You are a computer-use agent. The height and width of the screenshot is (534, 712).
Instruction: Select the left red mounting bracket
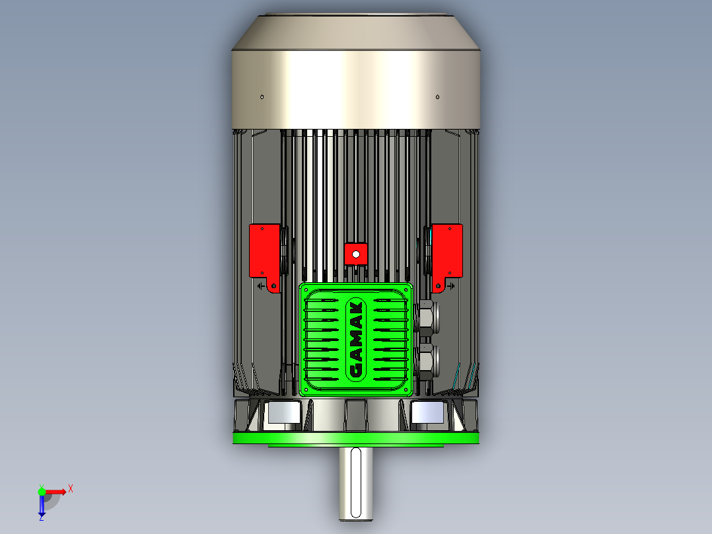263,250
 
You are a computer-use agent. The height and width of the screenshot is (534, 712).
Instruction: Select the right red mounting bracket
448,250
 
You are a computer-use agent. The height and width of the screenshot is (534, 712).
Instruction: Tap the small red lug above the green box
355,253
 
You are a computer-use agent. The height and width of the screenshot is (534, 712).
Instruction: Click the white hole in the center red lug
355,253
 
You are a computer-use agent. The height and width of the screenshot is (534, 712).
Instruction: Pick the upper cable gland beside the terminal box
427,318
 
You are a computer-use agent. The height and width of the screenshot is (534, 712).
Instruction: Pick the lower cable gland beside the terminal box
427,361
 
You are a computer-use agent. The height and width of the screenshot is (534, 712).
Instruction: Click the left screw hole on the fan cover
262,97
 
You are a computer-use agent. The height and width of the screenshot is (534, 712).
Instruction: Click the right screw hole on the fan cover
437,97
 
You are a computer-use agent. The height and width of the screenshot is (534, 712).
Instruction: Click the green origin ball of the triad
42,491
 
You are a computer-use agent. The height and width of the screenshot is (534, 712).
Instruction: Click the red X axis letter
71,489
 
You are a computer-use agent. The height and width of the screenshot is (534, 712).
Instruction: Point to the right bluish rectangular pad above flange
427,414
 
